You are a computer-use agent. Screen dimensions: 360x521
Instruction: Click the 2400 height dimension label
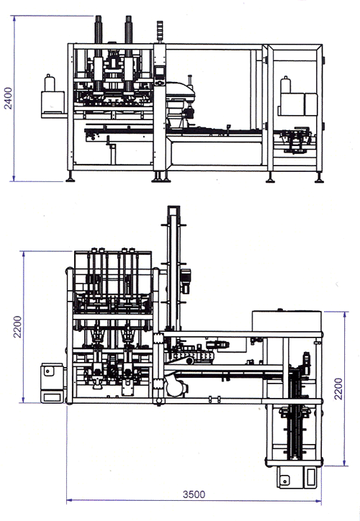[x=8, y=99]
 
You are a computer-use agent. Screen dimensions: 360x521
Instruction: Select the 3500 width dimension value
[x=194, y=494]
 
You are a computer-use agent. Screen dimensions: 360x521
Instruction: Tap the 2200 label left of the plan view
[x=17, y=327]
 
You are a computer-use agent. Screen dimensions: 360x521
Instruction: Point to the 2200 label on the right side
[x=338, y=389]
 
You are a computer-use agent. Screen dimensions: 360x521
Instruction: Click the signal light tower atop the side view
[x=161, y=32]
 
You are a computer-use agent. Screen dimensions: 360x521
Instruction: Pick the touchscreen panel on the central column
[x=160, y=71]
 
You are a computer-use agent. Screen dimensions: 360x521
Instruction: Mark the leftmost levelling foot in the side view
[x=70, y=177]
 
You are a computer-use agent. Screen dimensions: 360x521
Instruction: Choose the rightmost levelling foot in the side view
[x=320, y=178]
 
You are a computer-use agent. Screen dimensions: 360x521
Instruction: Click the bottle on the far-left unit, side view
[x=50, y=83]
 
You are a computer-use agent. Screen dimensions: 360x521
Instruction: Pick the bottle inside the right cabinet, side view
[x=286, y=85]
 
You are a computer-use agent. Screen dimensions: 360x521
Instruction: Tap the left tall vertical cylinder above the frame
[x=99, y=30]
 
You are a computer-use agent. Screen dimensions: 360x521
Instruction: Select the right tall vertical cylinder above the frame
[x=129, y=30]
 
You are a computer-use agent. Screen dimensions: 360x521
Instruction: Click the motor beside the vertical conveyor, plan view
[x=185, y=281]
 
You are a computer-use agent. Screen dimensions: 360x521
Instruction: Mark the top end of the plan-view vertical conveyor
[x=174, y=207]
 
